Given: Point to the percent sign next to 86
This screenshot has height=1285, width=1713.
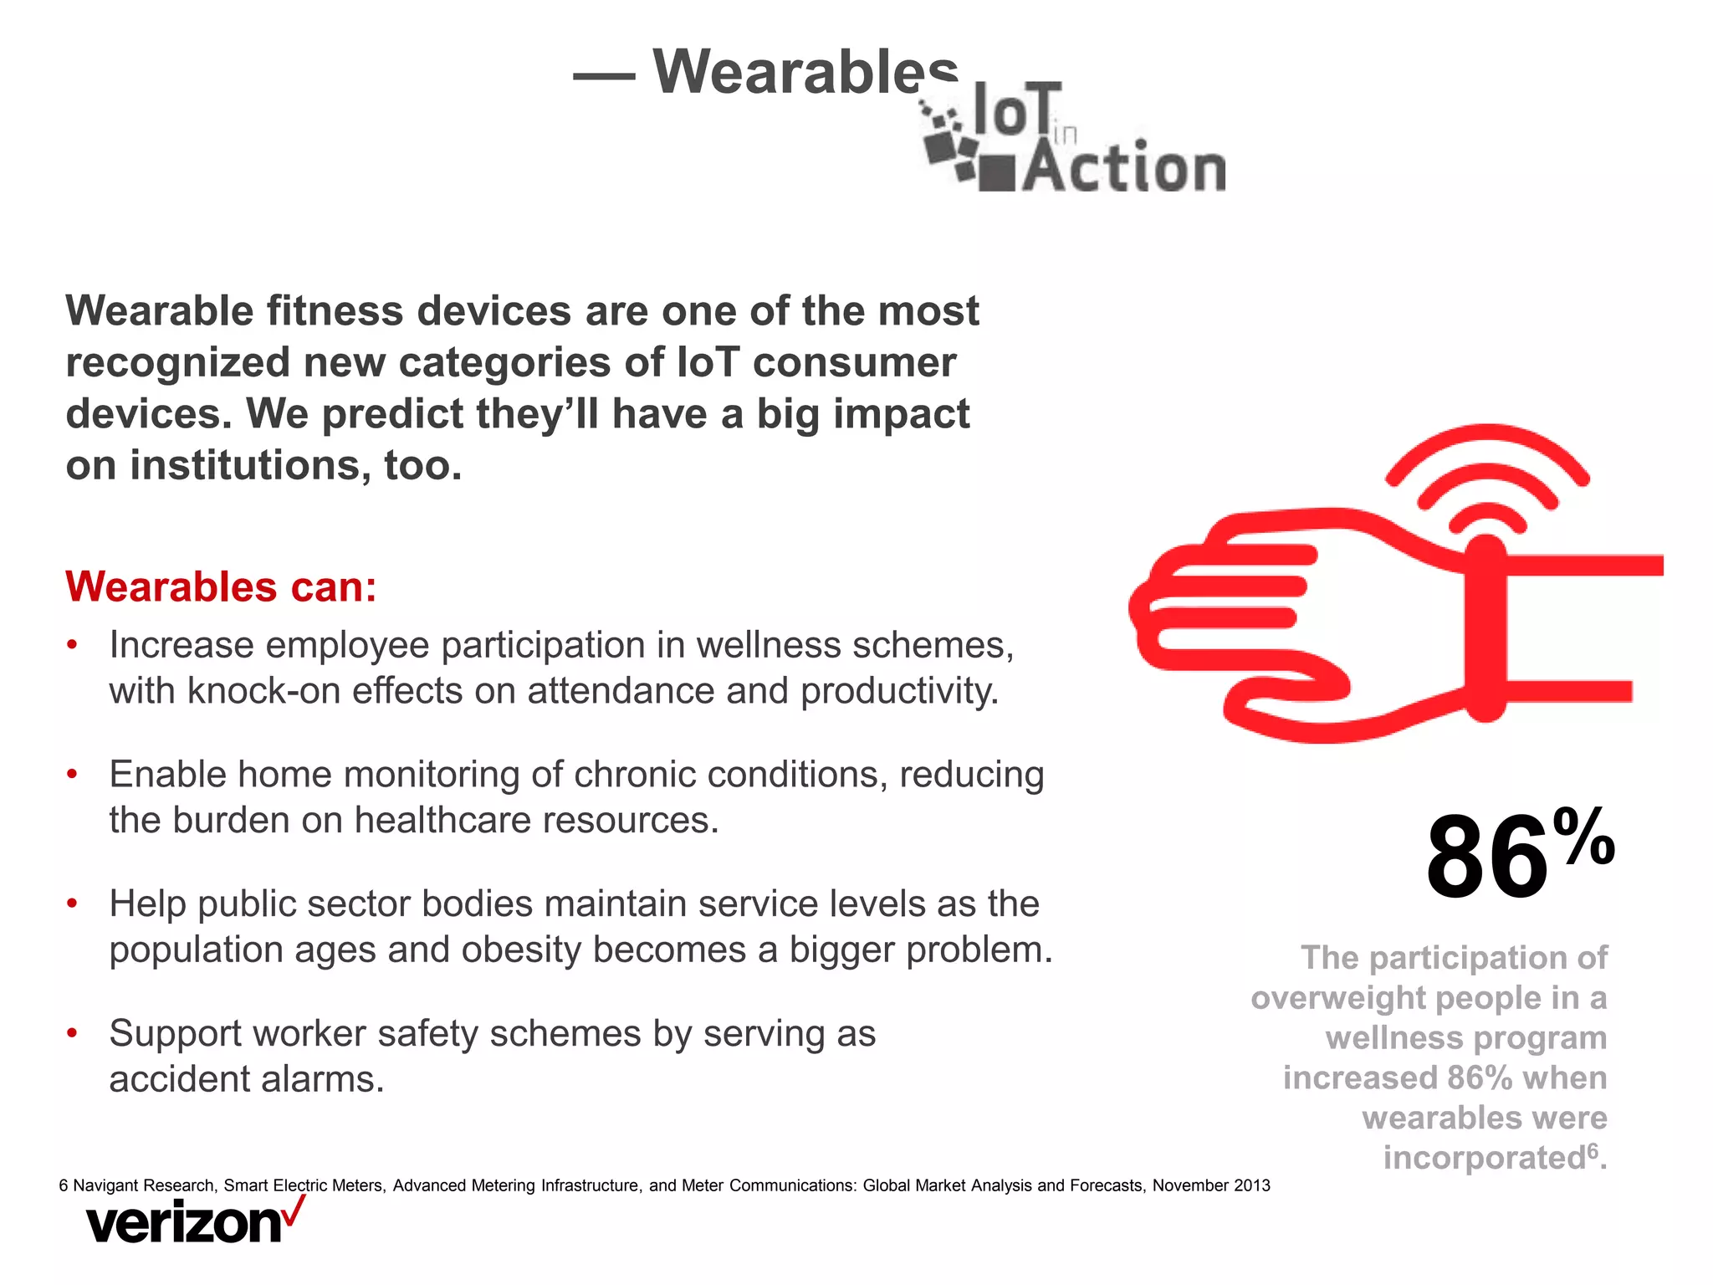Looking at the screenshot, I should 1584,837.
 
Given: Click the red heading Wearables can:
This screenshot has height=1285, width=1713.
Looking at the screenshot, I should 221,586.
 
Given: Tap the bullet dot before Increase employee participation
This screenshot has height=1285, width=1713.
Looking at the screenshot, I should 73,645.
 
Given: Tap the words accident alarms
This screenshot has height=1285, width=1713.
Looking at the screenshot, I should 247,1079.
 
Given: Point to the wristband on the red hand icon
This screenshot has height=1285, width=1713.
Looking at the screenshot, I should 1486,627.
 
